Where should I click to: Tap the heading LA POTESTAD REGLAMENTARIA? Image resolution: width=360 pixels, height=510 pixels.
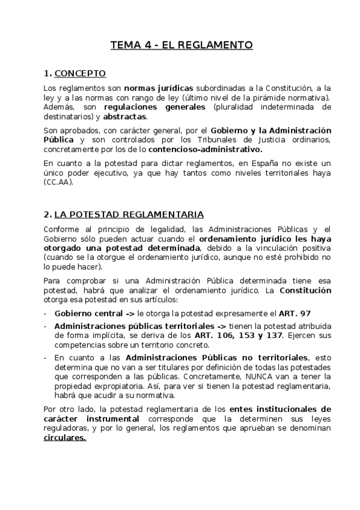tap(129, 215)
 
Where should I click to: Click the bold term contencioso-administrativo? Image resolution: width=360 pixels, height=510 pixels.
tap(213, 149)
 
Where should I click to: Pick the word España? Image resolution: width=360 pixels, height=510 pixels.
tap(259, 163)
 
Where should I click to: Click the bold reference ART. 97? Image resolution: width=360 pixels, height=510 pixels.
tap(295, 313)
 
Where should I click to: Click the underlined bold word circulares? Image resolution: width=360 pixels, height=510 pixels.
tap(65, 438)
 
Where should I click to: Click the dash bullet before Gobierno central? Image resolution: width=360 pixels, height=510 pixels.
tap(46, 313)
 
